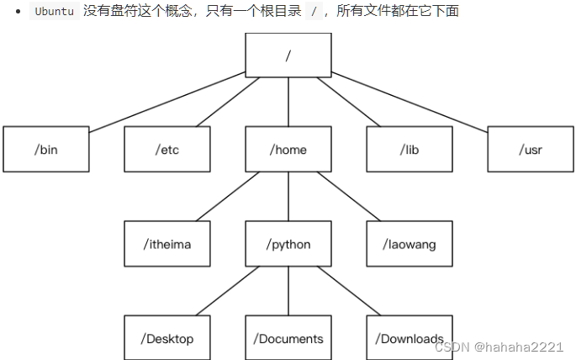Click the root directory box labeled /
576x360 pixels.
point(288,56)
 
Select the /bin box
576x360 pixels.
point(46,150)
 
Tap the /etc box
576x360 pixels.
point(167,150)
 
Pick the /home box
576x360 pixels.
point(288,150)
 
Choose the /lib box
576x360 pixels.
point(410,150)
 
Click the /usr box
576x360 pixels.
point(531,150)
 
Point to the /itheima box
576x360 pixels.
point(167,244)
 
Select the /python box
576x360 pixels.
point(288,244)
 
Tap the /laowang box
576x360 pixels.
point(410,244)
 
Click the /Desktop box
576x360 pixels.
point(167,338)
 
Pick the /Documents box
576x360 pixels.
point(288,338)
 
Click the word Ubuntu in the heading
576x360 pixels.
point(54,12)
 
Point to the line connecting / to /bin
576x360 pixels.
point(168,102)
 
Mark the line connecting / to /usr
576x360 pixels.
point(410,102)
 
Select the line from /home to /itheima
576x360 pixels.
point(227,197)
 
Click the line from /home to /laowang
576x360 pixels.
point(349,197)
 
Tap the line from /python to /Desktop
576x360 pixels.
point(227,291)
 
